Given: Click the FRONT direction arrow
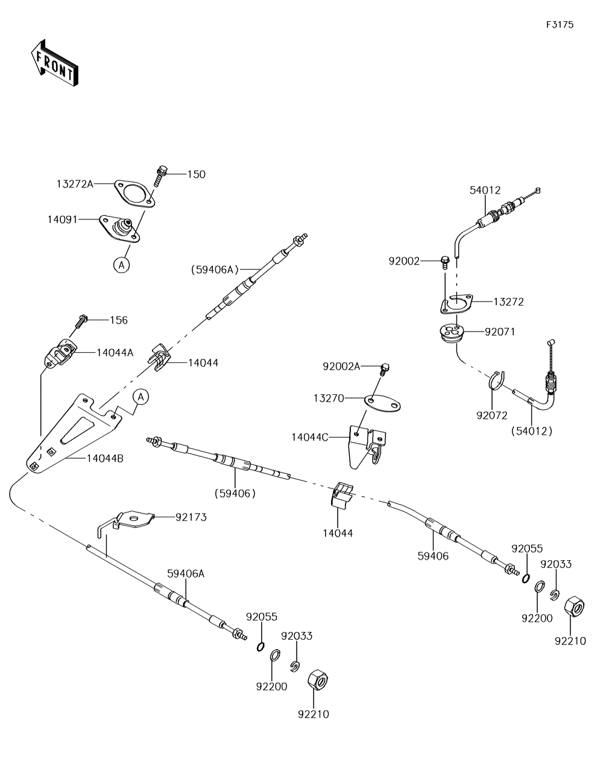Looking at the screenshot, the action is tap(54, 63).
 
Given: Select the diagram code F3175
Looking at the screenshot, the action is tap(560, 24).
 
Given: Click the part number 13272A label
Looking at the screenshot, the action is tap(75, 184).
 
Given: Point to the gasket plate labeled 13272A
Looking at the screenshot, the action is tap(134, 194).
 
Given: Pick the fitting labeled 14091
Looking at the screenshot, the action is tap(119, 229).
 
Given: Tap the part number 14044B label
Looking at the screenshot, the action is tap(105, 458).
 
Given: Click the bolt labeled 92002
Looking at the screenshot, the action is tap(444, 262).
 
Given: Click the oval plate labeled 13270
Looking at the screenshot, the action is tap(382, 403).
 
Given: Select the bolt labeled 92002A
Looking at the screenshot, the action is tap(384, 369).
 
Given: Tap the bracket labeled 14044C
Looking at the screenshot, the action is tap(368, 447).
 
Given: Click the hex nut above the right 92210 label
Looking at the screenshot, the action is tap(574, 606).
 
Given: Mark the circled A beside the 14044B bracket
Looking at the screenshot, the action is tap(141, 397).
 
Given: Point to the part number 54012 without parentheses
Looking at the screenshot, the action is tap(485, 190).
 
